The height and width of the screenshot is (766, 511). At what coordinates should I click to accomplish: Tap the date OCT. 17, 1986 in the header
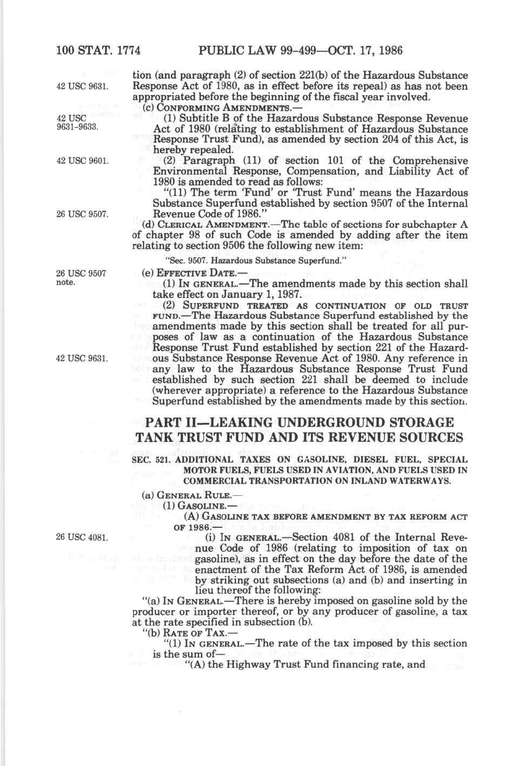[x=366, y=51]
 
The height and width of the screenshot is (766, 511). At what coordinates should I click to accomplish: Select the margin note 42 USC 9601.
[x=83, y=160]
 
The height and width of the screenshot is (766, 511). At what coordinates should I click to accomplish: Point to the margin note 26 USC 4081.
[x=83, y=538]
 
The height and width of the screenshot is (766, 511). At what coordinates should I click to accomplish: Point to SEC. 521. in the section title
[x=148, y=459]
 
